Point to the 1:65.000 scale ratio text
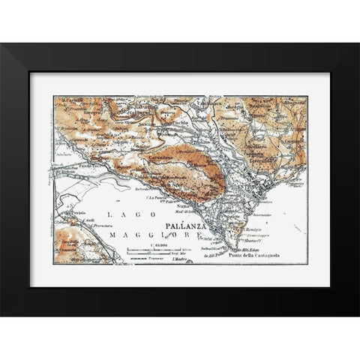[158, 244]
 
